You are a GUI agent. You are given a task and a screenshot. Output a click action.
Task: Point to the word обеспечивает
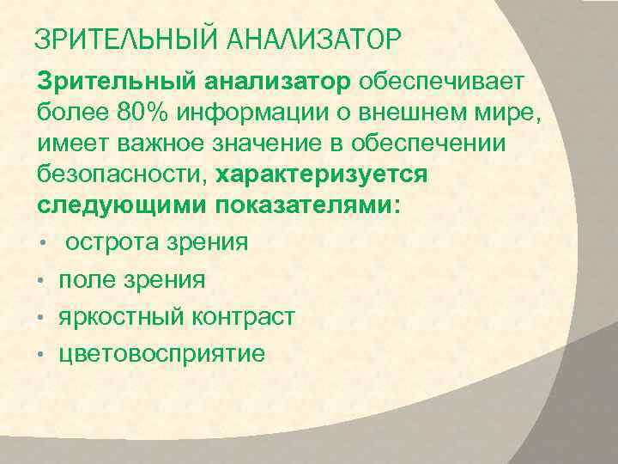tap(446, 82)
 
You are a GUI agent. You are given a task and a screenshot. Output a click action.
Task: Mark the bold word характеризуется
tap(322, 175)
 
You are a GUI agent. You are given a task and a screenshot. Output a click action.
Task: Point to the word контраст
tap(245, 317)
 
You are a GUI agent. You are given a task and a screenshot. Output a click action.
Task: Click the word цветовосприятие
tap(161, 354)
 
